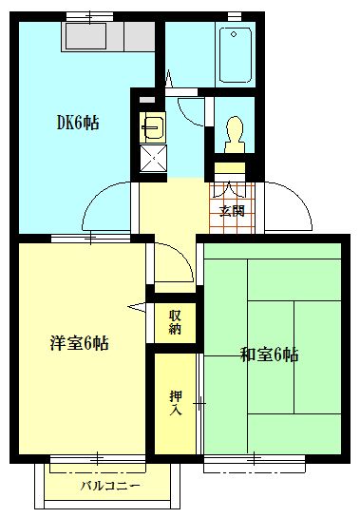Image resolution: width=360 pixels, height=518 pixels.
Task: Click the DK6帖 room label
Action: (x=78, y=123)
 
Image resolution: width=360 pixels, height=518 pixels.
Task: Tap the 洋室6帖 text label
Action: (x=79, y=343)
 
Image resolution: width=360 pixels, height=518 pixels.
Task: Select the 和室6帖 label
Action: (x=269, y=355)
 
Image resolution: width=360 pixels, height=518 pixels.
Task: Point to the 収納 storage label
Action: (x=176, y=322)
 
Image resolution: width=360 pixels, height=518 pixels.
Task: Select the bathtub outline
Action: (x=234, y=55)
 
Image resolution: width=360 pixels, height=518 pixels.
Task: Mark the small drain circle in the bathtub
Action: (x=235, y=34)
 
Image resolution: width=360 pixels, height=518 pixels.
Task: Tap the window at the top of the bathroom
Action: (x=235, y=15)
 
